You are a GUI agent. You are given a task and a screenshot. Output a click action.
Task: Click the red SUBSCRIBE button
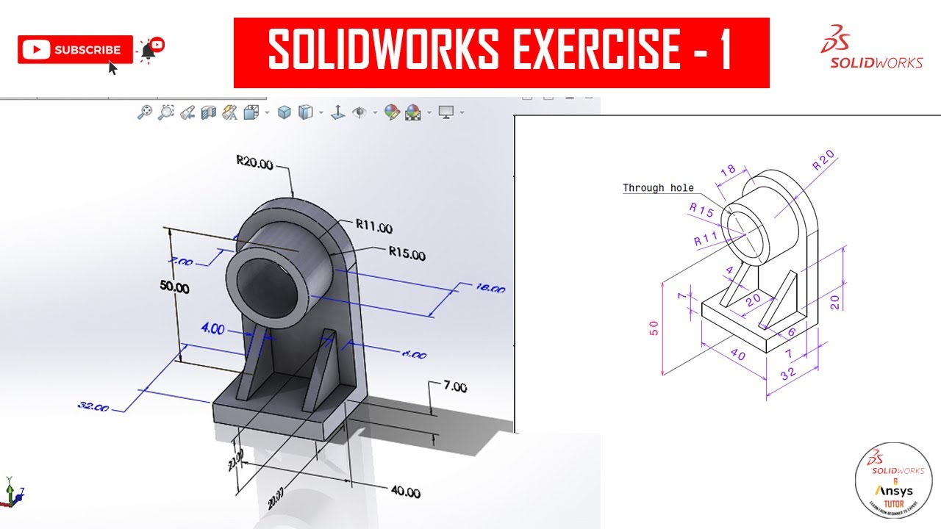pos(75,50)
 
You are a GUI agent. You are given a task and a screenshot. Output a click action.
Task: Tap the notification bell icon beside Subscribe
pos(149,49)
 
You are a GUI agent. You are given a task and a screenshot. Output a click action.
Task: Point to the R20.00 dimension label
pos(254,163)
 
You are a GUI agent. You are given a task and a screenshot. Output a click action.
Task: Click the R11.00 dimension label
pos(373,227)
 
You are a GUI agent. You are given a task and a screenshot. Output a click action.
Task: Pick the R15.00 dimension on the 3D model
pos(407,254)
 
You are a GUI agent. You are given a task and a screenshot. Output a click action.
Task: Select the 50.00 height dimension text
pos(174,288)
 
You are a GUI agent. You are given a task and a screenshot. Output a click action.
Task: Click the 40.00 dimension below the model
pos(405,492)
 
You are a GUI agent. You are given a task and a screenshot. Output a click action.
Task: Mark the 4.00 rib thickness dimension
pos(212,328)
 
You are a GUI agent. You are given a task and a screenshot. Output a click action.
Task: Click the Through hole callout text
pos(658,188)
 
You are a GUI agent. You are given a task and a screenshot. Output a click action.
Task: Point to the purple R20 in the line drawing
pos(823,161)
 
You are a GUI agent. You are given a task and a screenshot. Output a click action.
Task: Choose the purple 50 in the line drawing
pos(654,328)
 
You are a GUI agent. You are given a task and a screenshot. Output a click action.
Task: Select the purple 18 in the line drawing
pos(728,170)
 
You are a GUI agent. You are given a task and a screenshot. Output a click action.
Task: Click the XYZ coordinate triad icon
pos(11,492)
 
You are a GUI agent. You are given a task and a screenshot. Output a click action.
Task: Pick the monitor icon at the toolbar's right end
pos(446,112)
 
